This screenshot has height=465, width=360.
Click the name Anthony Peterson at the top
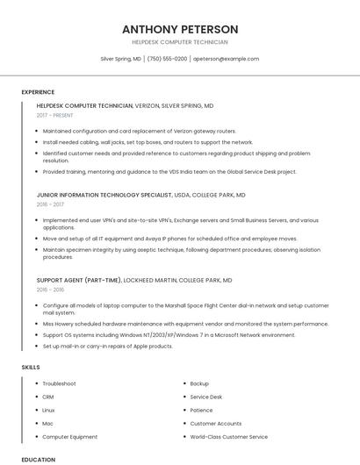tap(180, 29)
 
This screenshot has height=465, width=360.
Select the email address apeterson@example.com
tap(226, 59)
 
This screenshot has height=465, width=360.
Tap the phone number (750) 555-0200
tap(167, 59)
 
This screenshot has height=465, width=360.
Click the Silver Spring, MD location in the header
tap(120, 59)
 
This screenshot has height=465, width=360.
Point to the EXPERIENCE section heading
tap(38, 92)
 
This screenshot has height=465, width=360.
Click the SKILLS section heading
tap(31, 367)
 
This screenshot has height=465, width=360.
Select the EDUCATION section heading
tap(38, 459)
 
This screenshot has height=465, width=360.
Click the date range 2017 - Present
tap(55, 115)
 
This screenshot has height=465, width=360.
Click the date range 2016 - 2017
tap(50, 204)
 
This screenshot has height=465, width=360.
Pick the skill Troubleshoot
tap(59, 383)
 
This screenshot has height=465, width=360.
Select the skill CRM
tap(48, 397)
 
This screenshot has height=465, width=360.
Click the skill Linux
tap(48, 410)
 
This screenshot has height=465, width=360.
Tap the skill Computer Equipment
tap(70, 436)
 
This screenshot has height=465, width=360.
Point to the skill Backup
tap(199, 383)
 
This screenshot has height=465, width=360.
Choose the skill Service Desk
tap(206, 397)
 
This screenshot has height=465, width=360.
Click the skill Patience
tap(201, 410)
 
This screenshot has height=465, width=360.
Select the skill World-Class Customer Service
tap(229, 436)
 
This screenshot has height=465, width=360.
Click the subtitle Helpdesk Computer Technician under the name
tap(180, 42)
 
